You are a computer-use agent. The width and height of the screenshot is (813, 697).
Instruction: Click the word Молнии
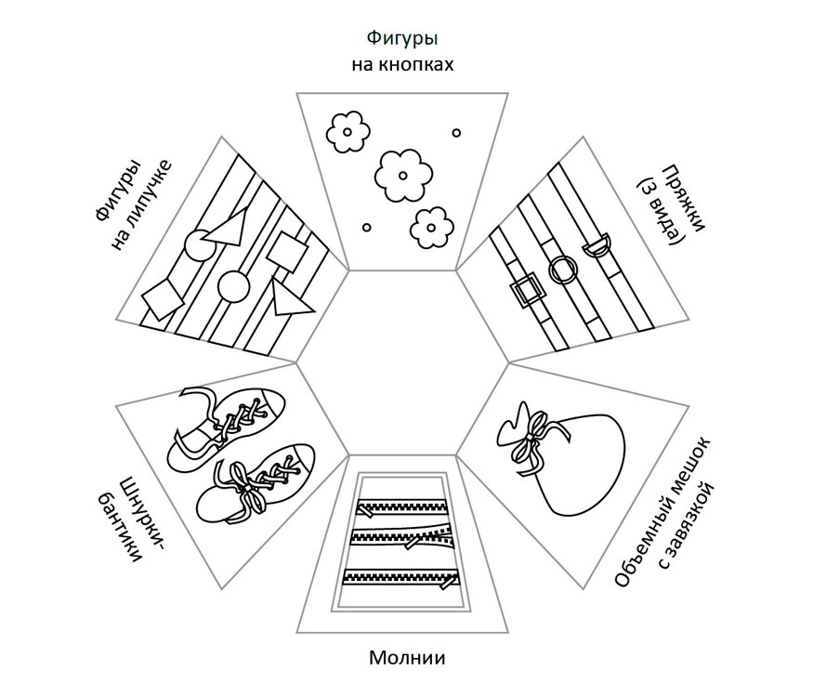point(407,659)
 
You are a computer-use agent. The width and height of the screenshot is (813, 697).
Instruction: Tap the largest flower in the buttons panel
point(402,174)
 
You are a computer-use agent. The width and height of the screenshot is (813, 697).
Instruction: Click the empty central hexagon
point(403,362)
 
